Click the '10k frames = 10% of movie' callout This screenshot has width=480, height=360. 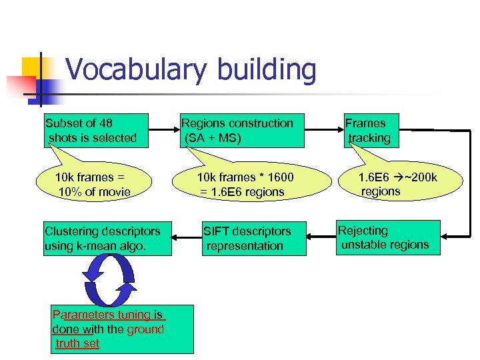[x=94, y=184]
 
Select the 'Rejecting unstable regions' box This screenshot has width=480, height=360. [x=388, y=237]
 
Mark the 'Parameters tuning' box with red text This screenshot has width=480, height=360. [x=113, y=329]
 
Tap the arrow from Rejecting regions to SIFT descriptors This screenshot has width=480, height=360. [x=323, y=238]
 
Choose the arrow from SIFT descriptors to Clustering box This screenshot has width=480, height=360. [x=187, y=238]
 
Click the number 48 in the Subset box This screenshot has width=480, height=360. [x=105, y=123]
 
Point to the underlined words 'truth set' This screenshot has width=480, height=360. [x=78, y=343]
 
